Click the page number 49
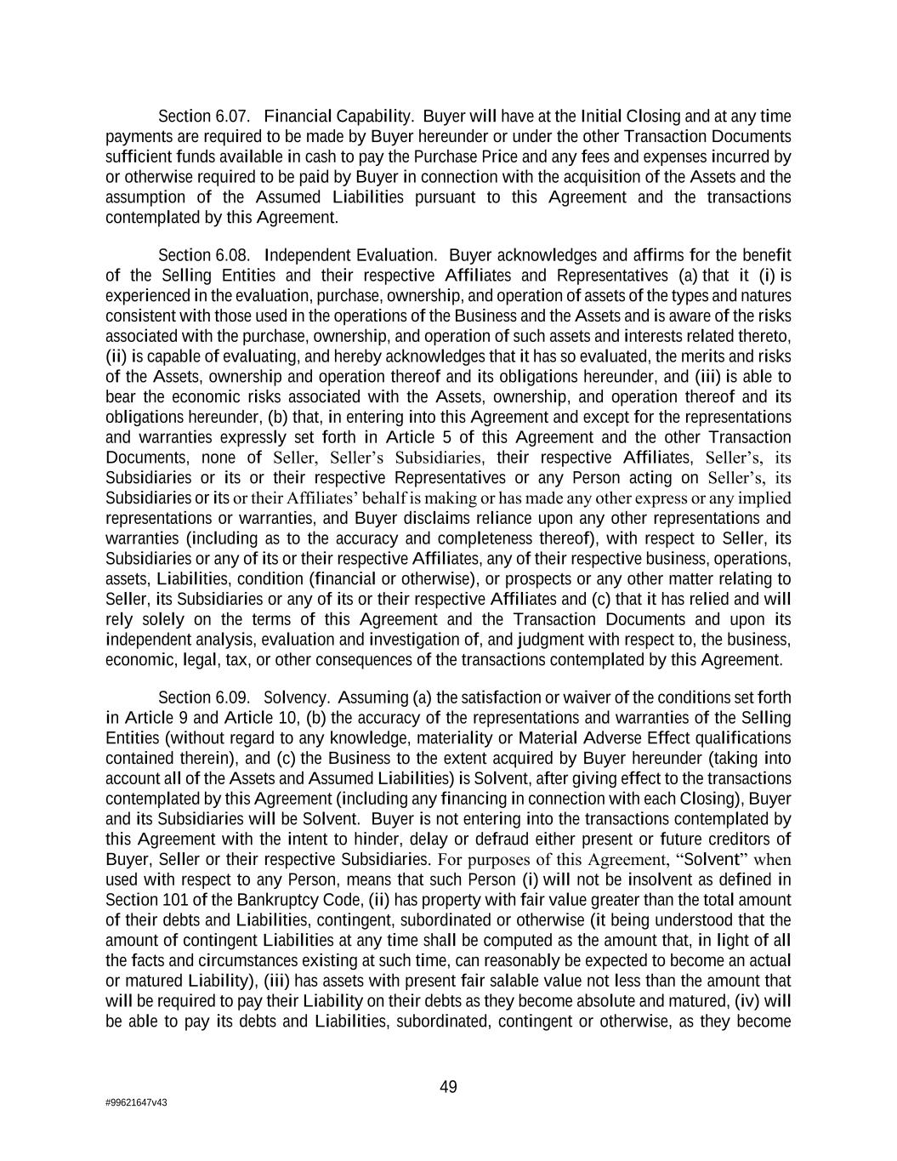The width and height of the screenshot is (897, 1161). point(448,1086)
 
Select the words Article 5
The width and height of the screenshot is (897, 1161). point(404,437)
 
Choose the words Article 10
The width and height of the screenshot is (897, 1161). point(258,718)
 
